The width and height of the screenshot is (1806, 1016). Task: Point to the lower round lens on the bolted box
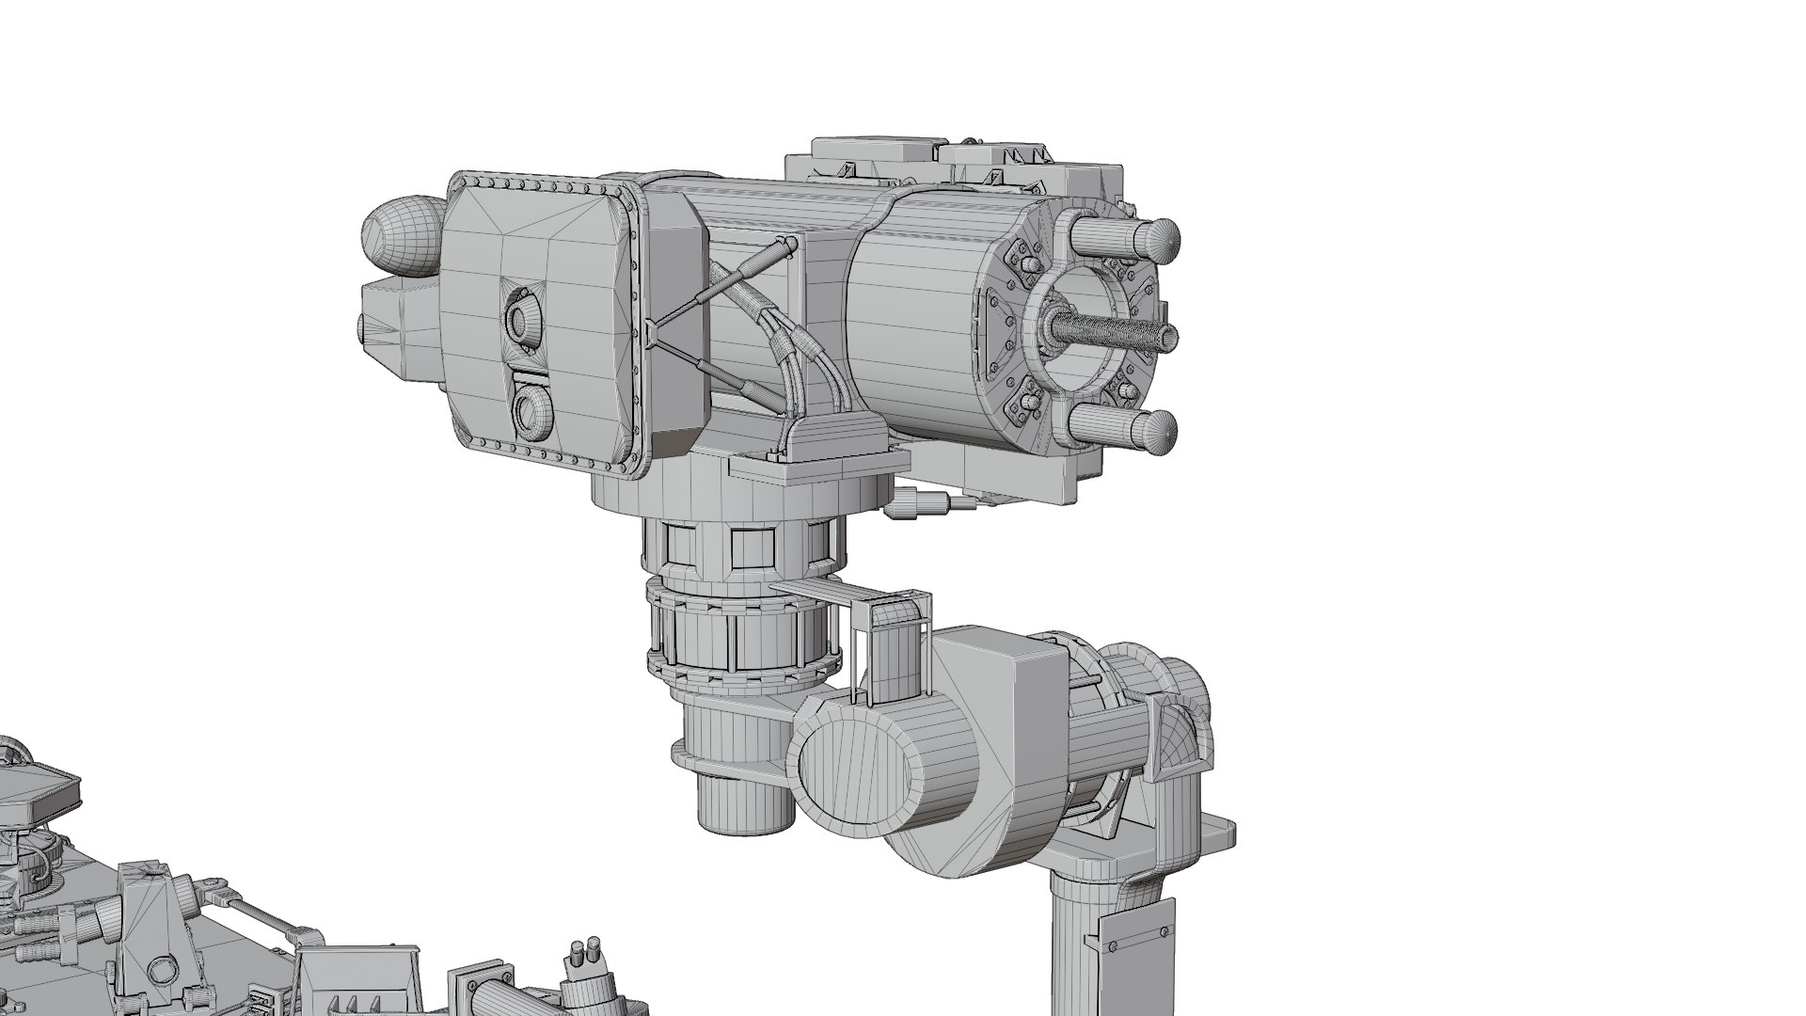532,410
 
